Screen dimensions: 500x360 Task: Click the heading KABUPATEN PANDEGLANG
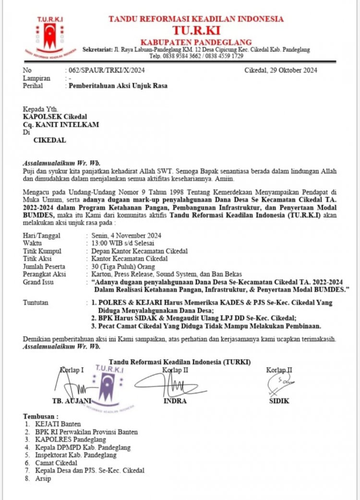196,42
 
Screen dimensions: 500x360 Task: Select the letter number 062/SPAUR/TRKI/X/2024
105,70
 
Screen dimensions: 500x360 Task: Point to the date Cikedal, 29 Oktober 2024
281,70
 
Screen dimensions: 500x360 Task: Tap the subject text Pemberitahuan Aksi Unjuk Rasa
117,86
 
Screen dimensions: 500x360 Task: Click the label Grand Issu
38,282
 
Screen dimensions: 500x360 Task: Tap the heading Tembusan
41,416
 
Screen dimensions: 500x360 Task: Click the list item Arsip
43,478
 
